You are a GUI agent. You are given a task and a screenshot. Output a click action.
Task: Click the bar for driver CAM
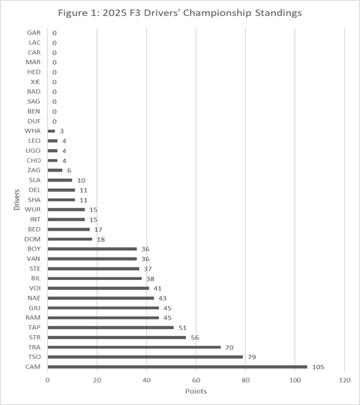coord(177,367)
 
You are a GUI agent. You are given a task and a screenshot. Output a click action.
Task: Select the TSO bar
coord(145,357)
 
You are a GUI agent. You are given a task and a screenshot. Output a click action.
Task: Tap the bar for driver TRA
coord(134,347)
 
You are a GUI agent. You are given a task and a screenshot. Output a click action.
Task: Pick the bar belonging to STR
coord(117,337)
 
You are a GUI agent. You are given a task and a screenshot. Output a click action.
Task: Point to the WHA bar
coord(51,131)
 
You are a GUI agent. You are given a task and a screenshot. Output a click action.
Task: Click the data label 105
coord(318,367)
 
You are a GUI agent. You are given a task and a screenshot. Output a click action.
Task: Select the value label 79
coord(252,357)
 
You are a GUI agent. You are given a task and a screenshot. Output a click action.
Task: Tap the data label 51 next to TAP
coord(183,328)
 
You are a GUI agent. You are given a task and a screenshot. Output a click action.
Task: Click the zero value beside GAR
coord(54,33)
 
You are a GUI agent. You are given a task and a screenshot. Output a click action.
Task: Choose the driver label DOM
coord(33,239)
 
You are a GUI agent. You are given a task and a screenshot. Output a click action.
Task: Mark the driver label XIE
coord(35,82)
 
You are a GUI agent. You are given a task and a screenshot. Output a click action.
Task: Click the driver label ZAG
coord(34,170)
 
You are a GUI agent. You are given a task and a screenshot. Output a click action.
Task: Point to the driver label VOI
coord(35,288)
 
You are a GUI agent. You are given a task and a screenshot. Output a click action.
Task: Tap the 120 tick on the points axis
coord(345,380)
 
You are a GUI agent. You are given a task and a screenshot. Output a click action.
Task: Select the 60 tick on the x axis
coord(196,380)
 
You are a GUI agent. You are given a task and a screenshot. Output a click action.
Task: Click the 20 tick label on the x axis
coord(97,380)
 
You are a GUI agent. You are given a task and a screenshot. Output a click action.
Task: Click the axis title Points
coord(196,391)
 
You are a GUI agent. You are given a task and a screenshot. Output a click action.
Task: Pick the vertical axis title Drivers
coord(17,200)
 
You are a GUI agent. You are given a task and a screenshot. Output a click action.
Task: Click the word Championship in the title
coord(217,13)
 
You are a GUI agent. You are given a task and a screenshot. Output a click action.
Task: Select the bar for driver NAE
coord(101,298)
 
